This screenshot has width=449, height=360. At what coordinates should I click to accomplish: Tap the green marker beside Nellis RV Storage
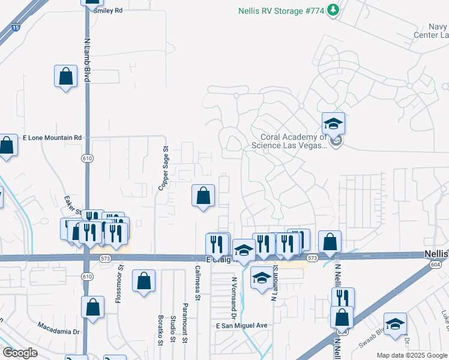coord(334,10)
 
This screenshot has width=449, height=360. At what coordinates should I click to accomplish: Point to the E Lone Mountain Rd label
coord(52,137)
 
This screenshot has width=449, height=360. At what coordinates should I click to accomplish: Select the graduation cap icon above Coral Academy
coord(333,124)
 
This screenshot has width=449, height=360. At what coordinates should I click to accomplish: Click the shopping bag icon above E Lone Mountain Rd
coord(66,77)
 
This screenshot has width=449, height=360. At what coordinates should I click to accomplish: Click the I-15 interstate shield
coord(16,27)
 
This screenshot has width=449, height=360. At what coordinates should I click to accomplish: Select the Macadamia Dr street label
coord(58,331)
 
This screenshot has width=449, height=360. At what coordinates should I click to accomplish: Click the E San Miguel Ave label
coord(241,325)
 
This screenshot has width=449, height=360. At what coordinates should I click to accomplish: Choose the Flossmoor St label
coord(120,286)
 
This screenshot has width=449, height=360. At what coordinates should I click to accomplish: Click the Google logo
coord(20,353)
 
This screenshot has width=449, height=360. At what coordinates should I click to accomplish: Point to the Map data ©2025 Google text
coord(412,355)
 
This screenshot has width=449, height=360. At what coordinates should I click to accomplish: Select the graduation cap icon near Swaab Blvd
coord(395,324)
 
